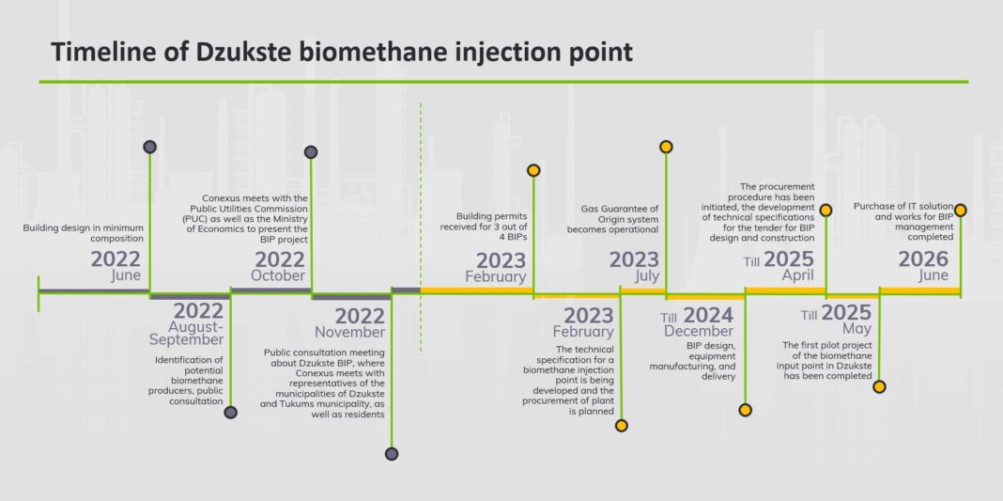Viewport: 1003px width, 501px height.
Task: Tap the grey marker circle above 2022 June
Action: pos(149,147)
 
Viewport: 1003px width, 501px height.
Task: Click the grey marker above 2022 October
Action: pos(311,151)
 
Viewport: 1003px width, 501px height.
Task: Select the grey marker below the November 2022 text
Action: pos(392,454)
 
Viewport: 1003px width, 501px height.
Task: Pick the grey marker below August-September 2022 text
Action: pos(231,413)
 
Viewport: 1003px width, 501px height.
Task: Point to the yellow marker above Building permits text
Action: pos(533,170)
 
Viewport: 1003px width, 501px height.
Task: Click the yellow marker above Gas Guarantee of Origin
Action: pos(666,147)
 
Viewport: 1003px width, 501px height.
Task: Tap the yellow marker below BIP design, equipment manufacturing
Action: pos(746,410)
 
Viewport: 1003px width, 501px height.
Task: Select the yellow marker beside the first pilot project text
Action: pos(880,386)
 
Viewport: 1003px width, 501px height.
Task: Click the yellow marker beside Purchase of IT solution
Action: pos(960,210)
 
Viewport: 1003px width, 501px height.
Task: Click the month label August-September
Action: pos(187,333)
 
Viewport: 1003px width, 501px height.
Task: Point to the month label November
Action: pos(350,333)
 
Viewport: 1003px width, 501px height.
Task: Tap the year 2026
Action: pos(923,259)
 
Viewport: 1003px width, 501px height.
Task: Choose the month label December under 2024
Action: pos(699,332)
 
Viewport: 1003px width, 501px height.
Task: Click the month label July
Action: pos(647,276)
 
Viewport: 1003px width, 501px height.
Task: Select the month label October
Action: pos(278,276)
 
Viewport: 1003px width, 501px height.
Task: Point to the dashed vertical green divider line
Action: pos(420,227)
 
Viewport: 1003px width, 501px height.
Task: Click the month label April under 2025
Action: pos(797,275)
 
